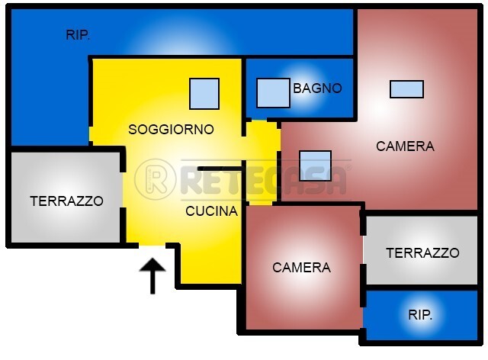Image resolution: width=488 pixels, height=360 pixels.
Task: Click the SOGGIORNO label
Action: click(171, 129)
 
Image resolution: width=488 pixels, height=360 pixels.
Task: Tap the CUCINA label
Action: click(212, 211)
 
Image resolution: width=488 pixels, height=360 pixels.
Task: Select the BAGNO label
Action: click(317, 88)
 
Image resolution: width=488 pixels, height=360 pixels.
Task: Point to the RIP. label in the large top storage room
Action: click(78, 35)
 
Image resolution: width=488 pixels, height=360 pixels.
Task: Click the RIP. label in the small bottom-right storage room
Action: click(420, 315)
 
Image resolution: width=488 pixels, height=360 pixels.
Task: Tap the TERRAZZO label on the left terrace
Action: click(66, 201)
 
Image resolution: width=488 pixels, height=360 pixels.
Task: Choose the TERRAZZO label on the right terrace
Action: click(422, 252)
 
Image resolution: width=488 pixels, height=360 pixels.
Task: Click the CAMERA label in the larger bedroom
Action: click(405, 146)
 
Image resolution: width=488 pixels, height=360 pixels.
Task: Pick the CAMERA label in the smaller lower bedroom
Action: click(301, 268)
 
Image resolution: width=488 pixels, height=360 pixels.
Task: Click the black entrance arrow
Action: click(152, 276)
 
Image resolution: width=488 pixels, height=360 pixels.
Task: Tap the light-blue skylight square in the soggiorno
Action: click(204, 94)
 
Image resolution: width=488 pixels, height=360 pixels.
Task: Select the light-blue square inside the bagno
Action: click(273, 93)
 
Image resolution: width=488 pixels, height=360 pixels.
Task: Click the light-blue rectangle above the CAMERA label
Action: click(406, 89)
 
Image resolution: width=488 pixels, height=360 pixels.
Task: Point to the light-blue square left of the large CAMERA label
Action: click(315, 166)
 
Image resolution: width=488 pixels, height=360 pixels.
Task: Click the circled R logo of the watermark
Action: click(155, 180)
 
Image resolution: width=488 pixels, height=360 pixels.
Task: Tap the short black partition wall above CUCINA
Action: click(220, 169)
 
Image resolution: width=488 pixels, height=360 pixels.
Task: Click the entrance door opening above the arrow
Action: click(152, 246)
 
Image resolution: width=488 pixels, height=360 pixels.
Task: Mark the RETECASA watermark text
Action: click(263, 180)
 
